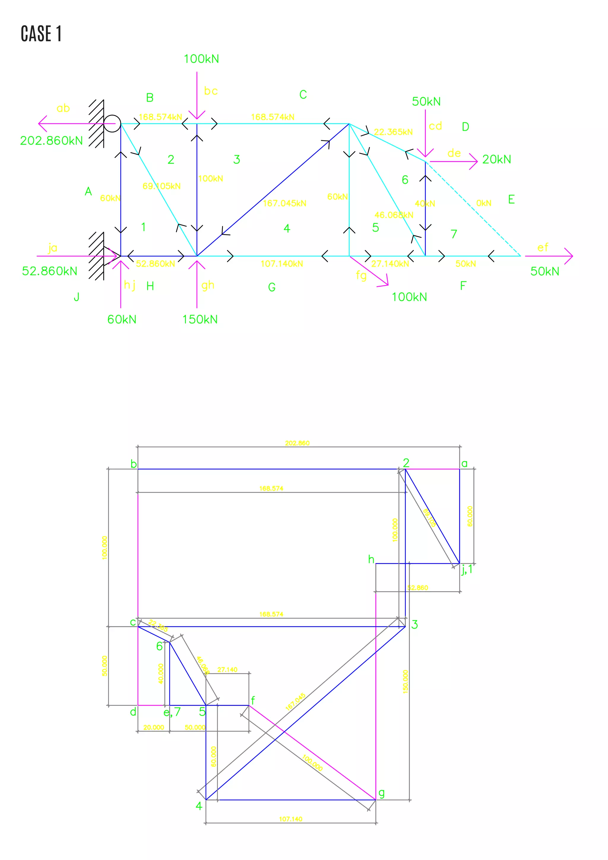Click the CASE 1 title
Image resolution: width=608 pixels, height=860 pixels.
point(41,34)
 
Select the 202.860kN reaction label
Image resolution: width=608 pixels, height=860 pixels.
point(51,141)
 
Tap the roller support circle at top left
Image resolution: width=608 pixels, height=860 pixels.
point(112,124)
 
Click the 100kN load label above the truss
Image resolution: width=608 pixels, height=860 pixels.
point(201,59)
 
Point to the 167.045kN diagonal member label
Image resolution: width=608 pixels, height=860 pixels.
point(284,203)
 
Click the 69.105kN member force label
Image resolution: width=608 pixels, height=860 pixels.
point(161,186)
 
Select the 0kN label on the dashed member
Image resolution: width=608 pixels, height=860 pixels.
point(484,203)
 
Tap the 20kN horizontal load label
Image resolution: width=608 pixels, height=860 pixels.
point(496,159)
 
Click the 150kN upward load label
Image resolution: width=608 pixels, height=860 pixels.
point(200,320)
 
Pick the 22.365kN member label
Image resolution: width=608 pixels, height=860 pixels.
point(393,132)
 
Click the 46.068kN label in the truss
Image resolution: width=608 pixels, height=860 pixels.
point(394,215)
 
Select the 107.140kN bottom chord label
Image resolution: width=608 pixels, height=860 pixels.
point(281,264)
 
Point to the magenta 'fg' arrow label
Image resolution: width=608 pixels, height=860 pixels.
point(361,276)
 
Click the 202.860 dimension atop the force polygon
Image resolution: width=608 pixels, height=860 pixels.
point(297,443)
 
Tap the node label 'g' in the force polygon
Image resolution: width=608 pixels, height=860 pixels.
point(381,793)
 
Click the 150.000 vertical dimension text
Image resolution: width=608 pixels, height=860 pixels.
point(406,682)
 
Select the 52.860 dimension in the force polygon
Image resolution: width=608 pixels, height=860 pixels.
point(417,588)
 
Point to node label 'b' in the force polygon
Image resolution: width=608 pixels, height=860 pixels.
point(134,464)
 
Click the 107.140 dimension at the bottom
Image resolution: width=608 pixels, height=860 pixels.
point(291,819)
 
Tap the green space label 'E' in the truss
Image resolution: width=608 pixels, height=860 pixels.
point(512,199)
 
